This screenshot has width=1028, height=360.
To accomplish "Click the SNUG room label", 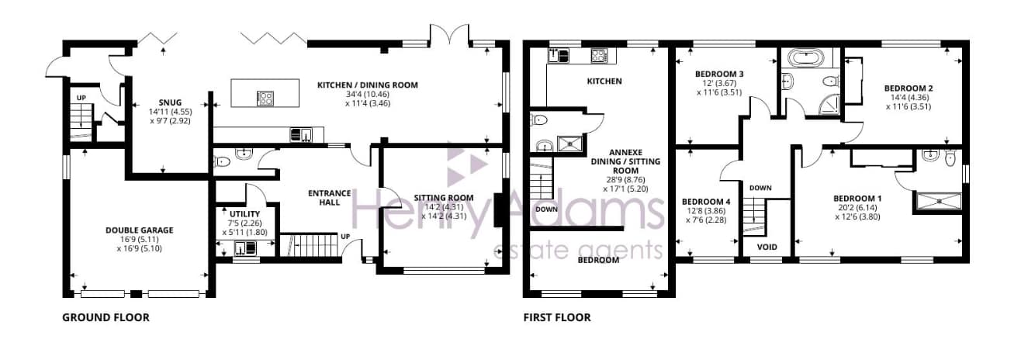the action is coord(170,102).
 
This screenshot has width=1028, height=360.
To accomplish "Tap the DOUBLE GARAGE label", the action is coord(140,230).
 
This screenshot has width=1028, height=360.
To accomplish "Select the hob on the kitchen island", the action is coord(265,98).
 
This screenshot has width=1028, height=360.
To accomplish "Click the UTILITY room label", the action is coord(244,214).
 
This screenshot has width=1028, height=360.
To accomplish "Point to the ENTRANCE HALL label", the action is coord(330,197).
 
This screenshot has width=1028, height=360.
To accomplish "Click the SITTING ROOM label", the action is coord(444,197).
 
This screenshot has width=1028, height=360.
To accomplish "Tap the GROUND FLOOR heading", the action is coord(106,317).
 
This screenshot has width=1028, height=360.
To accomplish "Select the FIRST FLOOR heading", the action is coord(557,317).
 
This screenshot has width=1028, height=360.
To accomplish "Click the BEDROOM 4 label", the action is coord(706,202).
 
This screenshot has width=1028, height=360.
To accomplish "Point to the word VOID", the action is coord(767,247).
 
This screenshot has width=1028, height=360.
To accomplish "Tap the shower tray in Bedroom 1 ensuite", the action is coord(938,201).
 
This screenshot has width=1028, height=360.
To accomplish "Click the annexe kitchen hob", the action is coord(598,56).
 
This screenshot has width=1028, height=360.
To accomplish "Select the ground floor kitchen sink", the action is coord(300,134).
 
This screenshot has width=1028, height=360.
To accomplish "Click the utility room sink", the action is coord(245,248).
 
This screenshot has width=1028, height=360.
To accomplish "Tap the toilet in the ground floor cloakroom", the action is coord(222,162).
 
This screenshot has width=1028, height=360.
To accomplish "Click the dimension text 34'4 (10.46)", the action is coord(368,94).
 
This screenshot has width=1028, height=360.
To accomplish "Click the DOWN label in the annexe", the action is coord(546,209).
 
